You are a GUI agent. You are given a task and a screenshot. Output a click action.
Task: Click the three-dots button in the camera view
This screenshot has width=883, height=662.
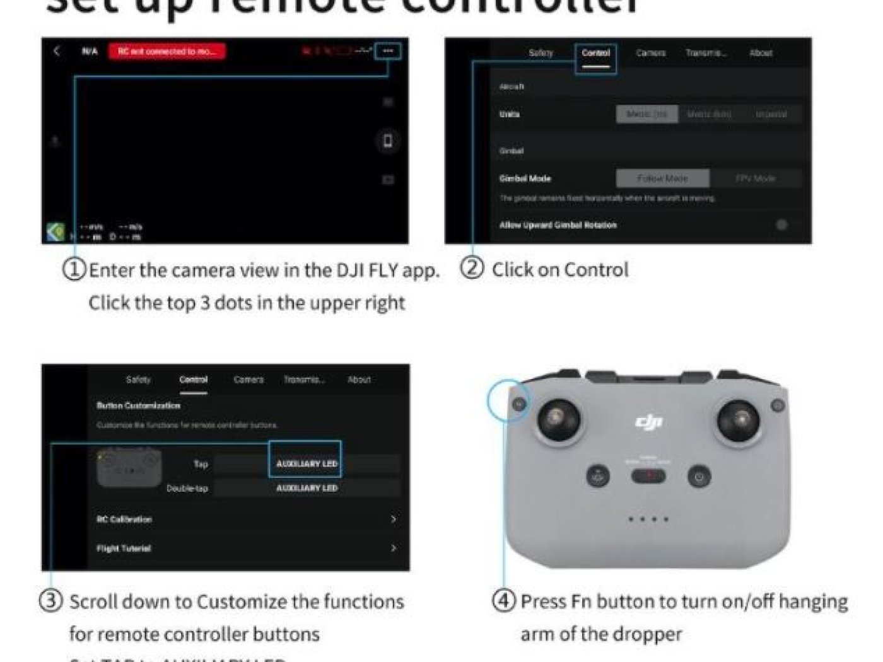tap(388, 51)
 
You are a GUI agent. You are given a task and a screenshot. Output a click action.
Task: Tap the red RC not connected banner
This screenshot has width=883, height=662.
tap(167, 52)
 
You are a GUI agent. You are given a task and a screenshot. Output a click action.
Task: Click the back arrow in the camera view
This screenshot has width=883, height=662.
tap(57, 51)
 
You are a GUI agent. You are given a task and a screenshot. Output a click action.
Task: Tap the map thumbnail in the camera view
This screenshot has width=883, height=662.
tap(56, 232)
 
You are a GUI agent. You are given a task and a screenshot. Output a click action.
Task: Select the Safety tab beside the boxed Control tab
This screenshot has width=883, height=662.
tap(541, 54)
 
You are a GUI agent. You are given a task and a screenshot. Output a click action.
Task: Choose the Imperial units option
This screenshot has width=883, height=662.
tap(771, 114)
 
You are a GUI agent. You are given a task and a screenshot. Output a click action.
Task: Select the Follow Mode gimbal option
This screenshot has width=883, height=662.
tap(662, 178)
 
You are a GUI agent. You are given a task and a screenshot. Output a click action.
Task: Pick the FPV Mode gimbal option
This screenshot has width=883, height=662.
tap(755, 178)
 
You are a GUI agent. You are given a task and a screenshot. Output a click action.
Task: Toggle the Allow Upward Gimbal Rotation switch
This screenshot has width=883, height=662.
tap(781, 225)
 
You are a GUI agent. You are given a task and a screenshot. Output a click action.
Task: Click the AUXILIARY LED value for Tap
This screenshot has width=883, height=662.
tap(307, 464)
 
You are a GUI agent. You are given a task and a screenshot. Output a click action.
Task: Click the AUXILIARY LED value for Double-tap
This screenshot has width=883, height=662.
tap(307, 488)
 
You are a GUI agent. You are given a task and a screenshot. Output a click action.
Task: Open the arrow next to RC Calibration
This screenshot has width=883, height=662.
tap(394, 519)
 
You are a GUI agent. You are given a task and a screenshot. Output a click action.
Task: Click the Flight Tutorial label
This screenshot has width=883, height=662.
tap(124, 549)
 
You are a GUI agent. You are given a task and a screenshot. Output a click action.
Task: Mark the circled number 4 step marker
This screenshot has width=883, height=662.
tap(503, 600)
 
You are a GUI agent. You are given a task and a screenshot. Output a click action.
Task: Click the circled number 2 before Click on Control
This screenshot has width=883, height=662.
tap(472, 269)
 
